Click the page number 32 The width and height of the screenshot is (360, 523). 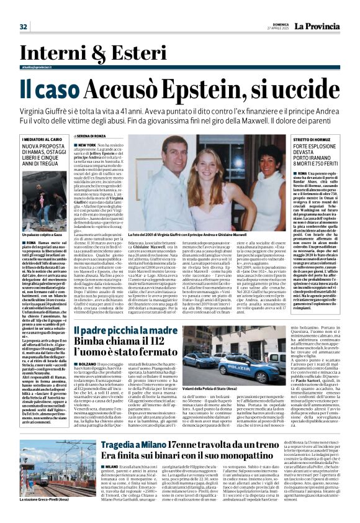point(23,27)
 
